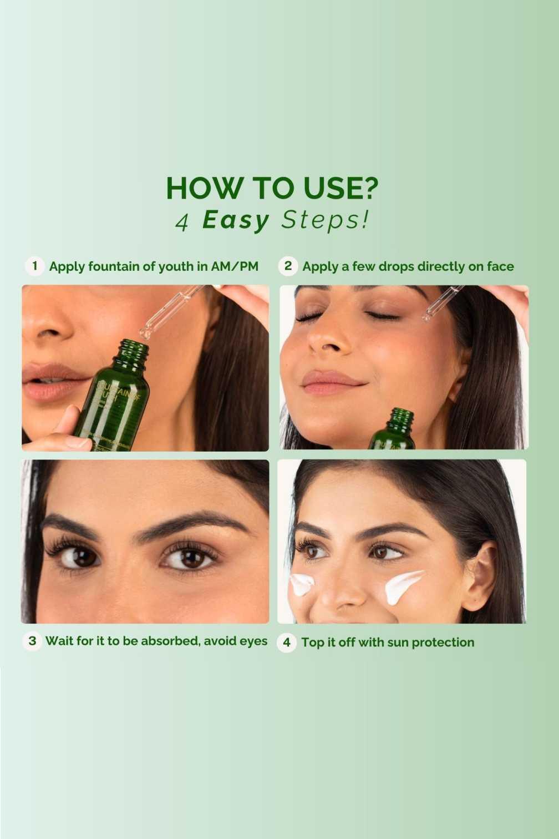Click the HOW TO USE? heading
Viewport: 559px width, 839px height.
click(272, 188)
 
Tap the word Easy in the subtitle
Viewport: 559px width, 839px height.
click(236, 220)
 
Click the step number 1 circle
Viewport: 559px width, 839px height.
click(34, 266)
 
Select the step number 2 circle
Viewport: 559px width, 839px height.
click(288, 266)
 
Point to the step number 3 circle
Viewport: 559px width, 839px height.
click(32, 641)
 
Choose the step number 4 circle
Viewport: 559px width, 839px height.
click(286, 643)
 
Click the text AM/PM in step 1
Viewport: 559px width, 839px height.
click(235, 266)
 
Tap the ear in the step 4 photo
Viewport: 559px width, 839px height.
click(480, 577)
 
